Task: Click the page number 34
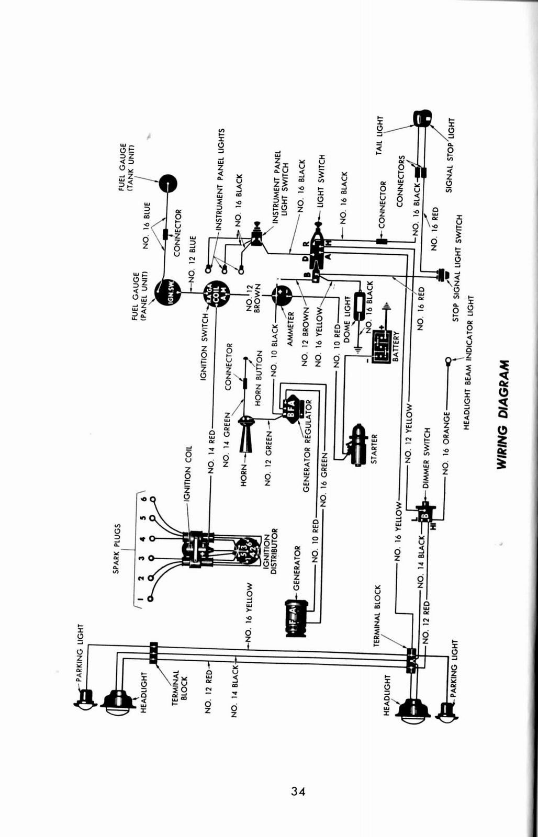298,791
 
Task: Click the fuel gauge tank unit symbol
167,184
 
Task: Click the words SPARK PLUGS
117,548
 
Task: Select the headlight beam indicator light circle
449,361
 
